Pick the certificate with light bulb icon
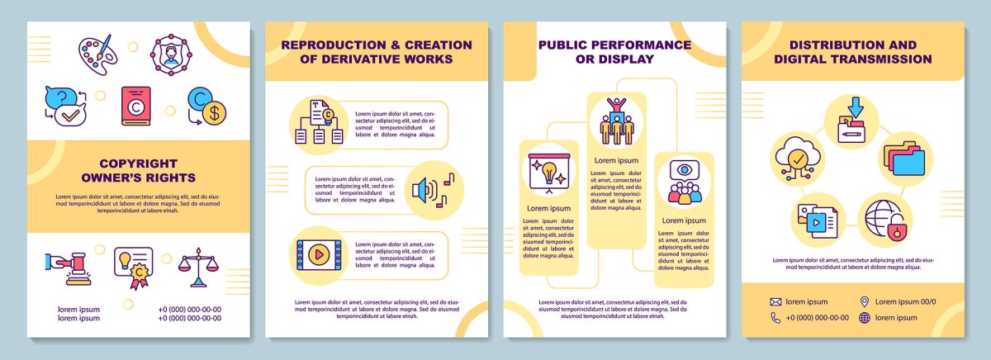133,267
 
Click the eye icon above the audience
684,171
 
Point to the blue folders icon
903,159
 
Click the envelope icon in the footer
775,301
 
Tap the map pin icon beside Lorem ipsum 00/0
865,301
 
